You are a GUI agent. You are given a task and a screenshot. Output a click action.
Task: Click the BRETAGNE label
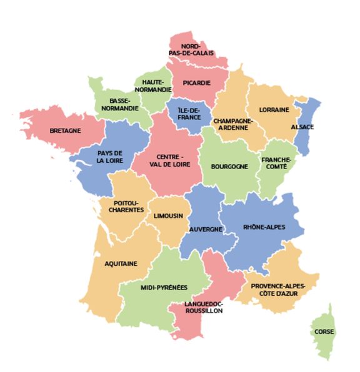(x=65, y=131)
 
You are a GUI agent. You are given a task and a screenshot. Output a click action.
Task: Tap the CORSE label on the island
(x=324, y=331)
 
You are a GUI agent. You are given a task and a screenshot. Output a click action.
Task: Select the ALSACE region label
(x=302, y=127)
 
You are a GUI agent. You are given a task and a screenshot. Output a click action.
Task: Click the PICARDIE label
(x=196, y=82)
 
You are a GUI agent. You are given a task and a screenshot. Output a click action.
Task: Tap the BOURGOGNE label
(x=229, y=167)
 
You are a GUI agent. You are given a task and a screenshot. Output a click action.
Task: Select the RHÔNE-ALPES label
(x=264, y=227)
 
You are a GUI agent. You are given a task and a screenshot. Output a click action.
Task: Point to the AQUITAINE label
(x=121, y=263)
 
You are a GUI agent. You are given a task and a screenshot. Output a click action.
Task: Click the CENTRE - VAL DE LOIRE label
(x=170, y=160)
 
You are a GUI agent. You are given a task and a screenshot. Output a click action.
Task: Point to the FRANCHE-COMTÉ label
(x=276, y=164)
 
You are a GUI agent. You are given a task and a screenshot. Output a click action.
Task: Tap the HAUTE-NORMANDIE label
(x=157, y=86)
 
